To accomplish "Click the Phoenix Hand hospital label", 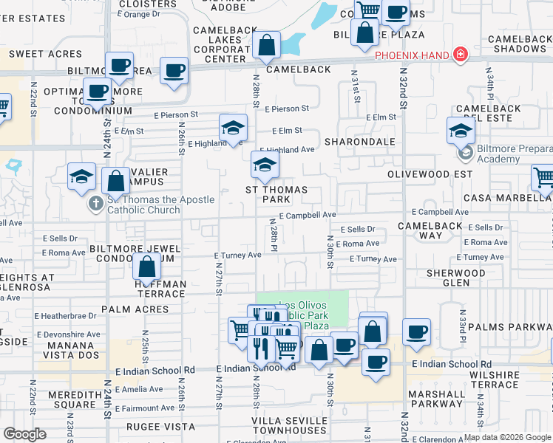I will (413, 55).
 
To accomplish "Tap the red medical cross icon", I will (461, 55).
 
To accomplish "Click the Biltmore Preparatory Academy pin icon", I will (465, 154).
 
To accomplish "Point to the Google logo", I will (24, 433).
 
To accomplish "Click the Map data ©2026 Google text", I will (507, 436).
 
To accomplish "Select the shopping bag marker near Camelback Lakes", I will (266, 45).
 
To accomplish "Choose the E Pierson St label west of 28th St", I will (176, 115).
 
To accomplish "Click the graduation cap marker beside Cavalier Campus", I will (81, 176).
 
